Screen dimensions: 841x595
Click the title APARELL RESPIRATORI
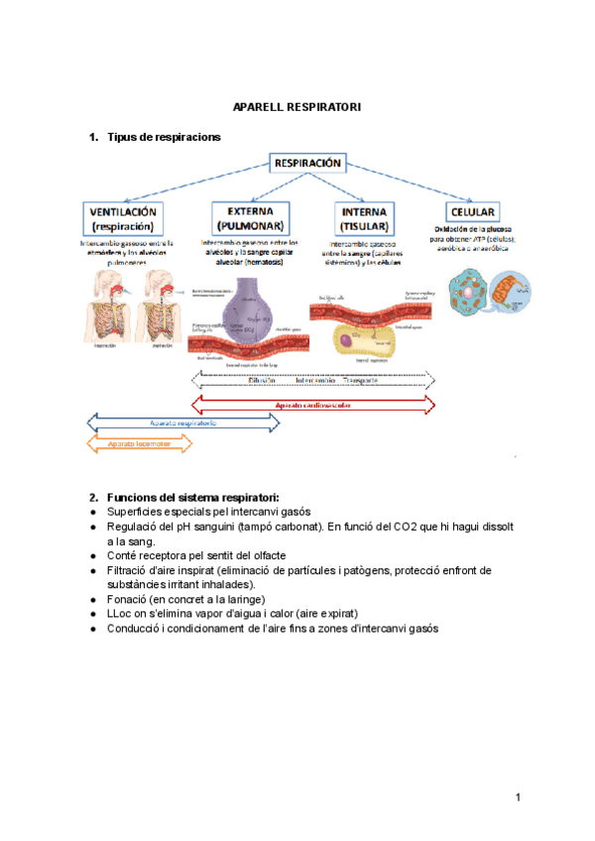(x=297, y=106)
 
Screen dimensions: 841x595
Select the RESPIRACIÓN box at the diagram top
(x=307, y=163)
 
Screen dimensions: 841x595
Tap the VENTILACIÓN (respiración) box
(x=126, y=218)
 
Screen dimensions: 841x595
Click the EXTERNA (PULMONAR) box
(x=250, y=218)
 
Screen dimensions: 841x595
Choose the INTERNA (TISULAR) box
(x=364, y=218)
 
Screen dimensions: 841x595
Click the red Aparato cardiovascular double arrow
(x=312, y=405)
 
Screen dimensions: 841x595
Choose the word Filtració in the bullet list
(x=131, y=570)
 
